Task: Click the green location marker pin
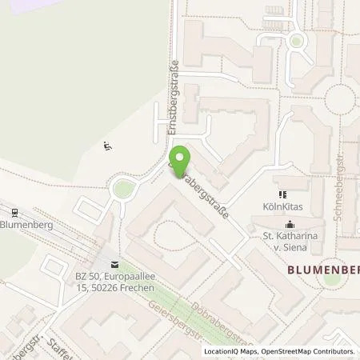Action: pos(181,158)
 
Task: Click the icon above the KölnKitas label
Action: pos(281,194)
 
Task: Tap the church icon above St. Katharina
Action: pos(290,223)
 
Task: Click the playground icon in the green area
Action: pos(108,146)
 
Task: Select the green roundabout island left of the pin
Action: pos(123,190)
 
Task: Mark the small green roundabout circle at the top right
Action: pos(297,40)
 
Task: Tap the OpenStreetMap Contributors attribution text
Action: pos(308,351)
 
